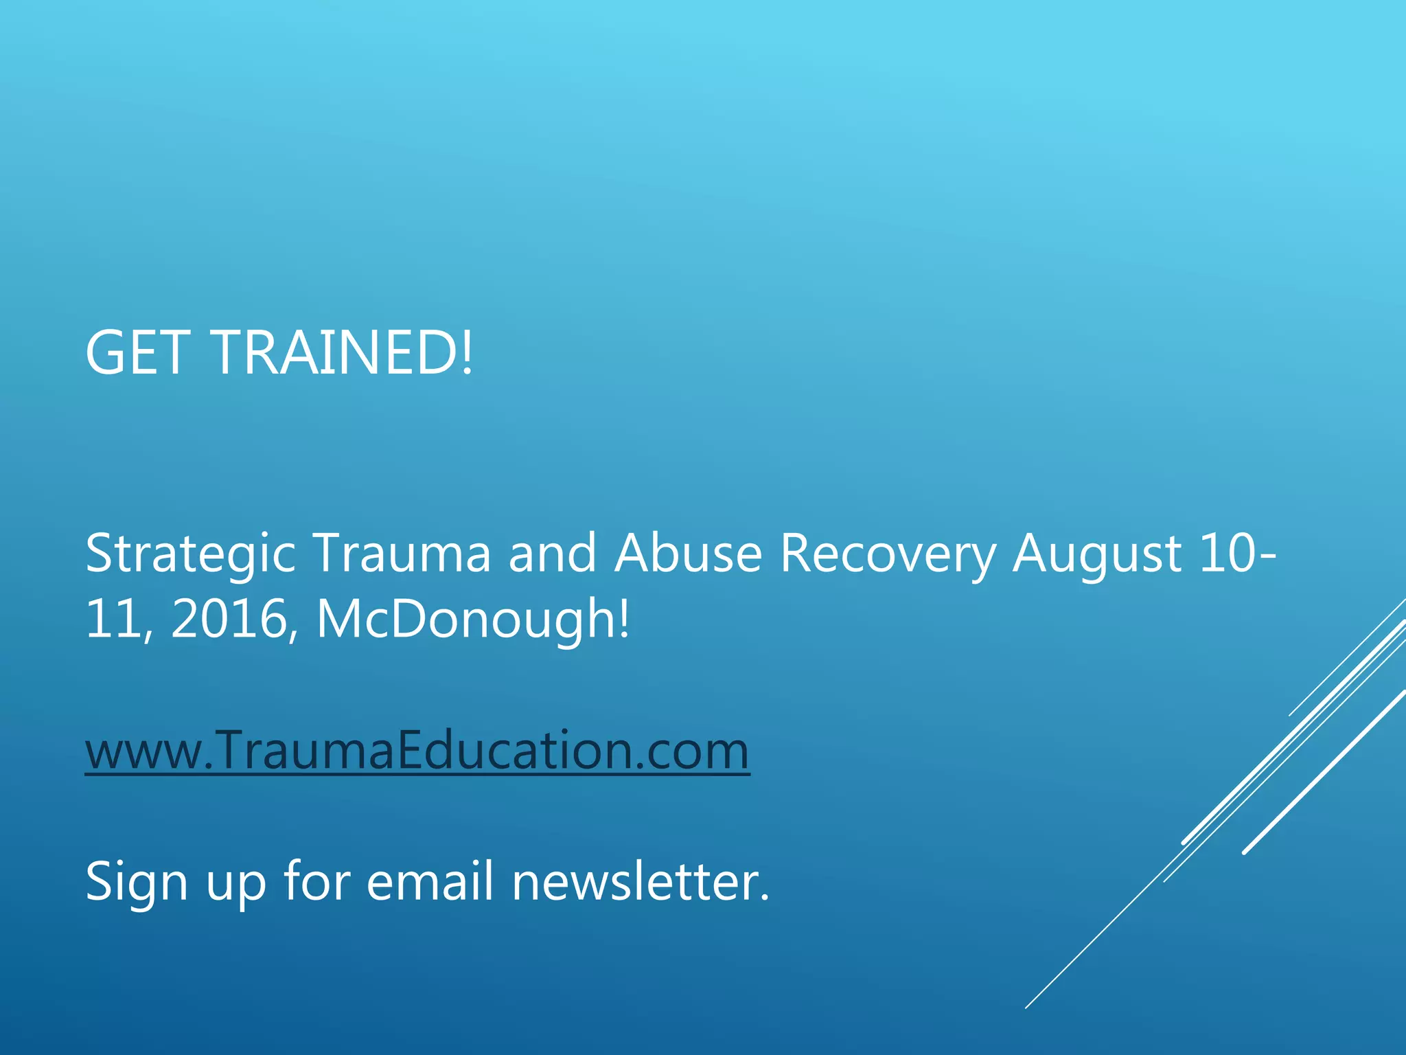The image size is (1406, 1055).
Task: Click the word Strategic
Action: click(190, 554)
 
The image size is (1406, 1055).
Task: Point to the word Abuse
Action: click(689, 552)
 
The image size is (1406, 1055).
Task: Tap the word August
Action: click(1097, 554)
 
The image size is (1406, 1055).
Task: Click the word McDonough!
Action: click(472, 619)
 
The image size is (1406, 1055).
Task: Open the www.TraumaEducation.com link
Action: click(417, 750)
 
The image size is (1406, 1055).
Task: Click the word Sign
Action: click(137, 882)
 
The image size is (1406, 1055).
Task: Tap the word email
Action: click(430, 881)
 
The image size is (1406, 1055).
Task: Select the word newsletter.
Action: click(641, 881)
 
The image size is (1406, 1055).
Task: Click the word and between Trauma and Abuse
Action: click(552, 552)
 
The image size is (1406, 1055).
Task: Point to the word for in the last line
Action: click(318, 881)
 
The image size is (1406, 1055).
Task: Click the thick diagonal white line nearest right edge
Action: click(1325, 771)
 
